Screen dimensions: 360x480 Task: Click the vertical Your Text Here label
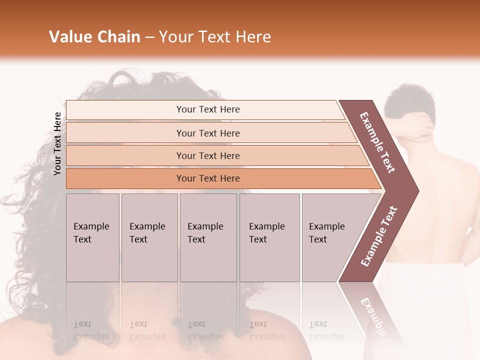point(57,143)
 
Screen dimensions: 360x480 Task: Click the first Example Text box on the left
point(92,237)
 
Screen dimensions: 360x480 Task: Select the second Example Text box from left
point(149,237)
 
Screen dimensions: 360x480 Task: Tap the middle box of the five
point(208,237)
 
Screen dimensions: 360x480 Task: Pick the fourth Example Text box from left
point(269,237)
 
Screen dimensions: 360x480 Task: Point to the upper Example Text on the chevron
point(377,142)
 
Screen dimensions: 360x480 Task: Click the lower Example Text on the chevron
point(379,236)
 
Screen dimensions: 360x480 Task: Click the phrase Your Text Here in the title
point(215,37)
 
